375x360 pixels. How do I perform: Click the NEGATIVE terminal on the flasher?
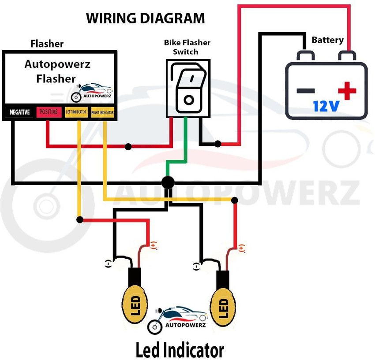[19, 112]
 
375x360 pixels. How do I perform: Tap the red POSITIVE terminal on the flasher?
[49, 112]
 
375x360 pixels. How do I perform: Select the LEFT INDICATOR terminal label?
[76, 112]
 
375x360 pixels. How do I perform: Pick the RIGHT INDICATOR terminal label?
[102, 113]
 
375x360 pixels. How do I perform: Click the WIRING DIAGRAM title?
[145, 19]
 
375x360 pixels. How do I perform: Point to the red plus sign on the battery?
[347, 91]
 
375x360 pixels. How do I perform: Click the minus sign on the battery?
[305, 91]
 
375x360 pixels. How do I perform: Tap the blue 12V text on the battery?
[326, 106]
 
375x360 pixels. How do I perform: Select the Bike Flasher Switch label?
[187, 47]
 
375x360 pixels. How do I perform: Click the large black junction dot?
[168, 182]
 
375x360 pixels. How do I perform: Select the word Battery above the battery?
[327, 40]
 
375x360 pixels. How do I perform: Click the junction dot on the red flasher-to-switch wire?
[128, 146]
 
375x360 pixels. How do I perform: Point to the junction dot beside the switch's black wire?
[217, 144]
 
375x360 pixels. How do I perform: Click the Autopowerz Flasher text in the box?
[57, 71]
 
